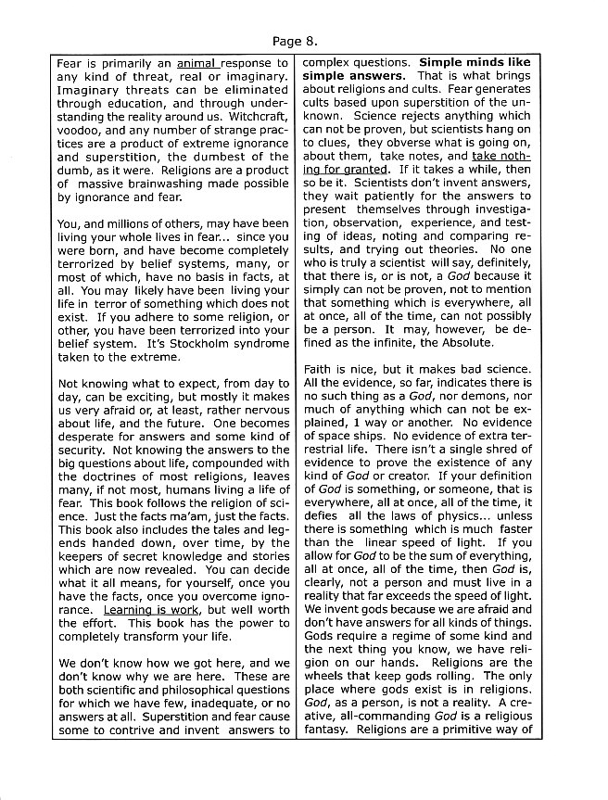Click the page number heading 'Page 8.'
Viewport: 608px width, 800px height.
tap(297, 41)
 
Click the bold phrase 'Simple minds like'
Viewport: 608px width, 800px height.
tap(475, 63)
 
